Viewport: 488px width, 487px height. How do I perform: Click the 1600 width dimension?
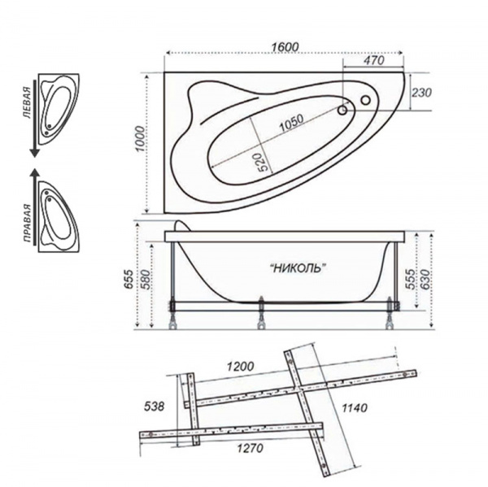pyautogui.click(x=285, y=46)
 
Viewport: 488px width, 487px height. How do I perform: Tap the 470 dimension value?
pyautogui.click(x=373, y=60)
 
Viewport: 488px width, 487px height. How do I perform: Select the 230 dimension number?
pyautogui.click(x=421, y=93)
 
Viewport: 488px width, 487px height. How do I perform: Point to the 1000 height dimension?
pyautogui.click(x=141, y=139)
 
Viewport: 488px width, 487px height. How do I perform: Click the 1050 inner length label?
pyautogui.click(x=291, y=123)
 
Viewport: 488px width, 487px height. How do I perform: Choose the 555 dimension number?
pyautogui.click(x=411, y=279)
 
